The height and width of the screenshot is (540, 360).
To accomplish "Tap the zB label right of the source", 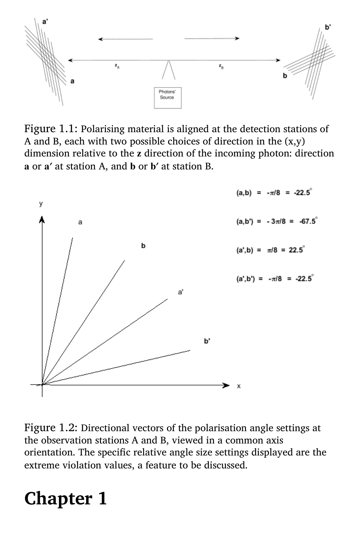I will pos(220,66).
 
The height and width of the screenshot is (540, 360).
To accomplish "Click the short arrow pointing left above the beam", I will pos(126,39).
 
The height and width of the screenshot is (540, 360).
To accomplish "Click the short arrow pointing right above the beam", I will pos(212,39).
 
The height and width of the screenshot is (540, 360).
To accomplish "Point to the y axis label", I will pos(41,204).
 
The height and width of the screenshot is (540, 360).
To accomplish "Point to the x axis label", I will pos(239,386).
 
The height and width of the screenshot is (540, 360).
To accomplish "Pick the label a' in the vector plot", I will pos(181,292).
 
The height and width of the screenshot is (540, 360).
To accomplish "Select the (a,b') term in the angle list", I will pos(245,222).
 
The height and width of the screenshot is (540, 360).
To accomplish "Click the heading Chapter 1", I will pos(65,498).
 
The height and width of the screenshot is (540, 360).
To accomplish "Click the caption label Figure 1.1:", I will pos(51,129).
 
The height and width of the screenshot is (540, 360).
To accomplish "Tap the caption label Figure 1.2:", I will pos(51,428).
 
